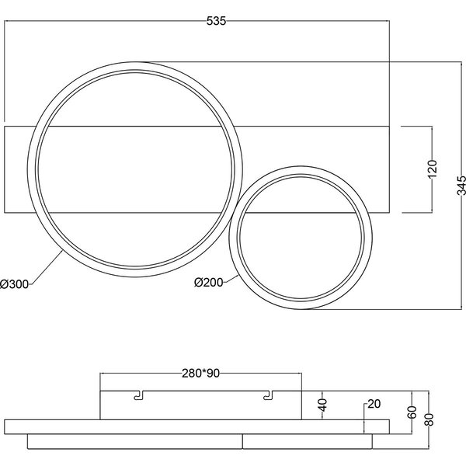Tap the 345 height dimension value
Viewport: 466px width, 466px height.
(x=461, y=186)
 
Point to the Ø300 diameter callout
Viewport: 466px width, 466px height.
(x=15, y=284)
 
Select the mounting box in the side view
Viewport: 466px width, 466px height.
(x=200, y=404)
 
